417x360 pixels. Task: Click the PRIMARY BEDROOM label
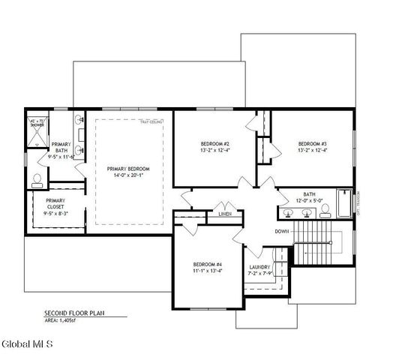click(x=128, y=169)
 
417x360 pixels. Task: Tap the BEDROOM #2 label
click(x=214, y=143)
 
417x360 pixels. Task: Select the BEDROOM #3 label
click(x=313, y=143)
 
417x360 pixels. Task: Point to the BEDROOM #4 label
click(x=208, y=264)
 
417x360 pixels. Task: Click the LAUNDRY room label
click(x=259, y=267)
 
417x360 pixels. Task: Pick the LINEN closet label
click(x=225, y=214)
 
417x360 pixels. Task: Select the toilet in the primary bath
click(x=37, y=180)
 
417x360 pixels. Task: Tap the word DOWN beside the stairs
click(x=282, y=231)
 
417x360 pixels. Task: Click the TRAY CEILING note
click(x=153, y=121)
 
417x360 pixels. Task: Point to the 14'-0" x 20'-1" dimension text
click(x=128, y=176)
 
